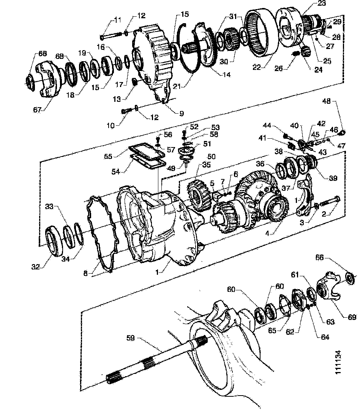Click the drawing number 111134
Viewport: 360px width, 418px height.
[338, 362]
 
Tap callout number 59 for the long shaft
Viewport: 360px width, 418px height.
[130, 338]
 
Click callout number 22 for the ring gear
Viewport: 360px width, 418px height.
[256, 67]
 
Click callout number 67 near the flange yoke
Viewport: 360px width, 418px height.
[37, 109]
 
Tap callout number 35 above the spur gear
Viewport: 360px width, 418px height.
[207, 165]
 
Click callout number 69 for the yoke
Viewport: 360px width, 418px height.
[352, 317]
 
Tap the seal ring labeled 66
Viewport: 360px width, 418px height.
[351, 277]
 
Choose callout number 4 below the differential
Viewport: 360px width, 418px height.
[267, 234]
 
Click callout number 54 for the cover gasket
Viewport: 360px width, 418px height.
[116, 171]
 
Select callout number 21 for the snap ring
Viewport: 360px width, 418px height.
[177, 86]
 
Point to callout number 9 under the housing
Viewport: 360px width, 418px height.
[182, 114]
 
